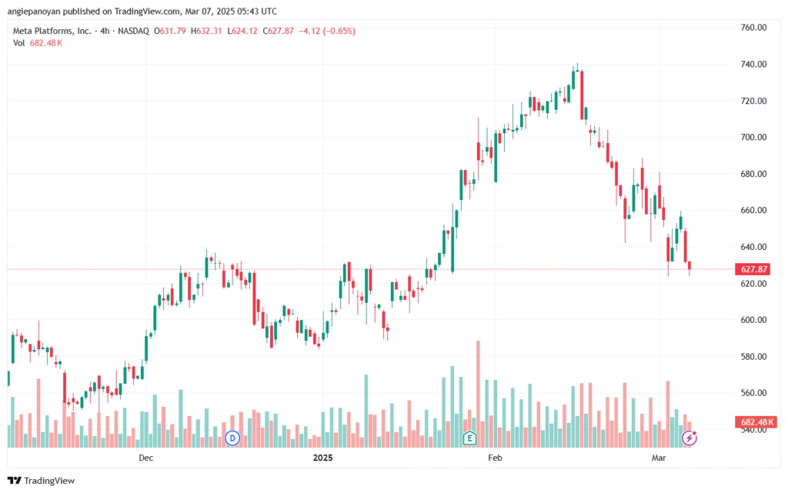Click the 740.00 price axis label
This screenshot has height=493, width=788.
click(753, 65)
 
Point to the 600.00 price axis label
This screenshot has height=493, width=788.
click(753, 320)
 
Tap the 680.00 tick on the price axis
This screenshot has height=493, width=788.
click(753, 174)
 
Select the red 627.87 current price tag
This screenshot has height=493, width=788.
click(753, 269)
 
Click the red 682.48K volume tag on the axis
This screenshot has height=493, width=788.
click(756, 421)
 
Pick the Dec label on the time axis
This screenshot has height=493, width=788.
click(145, 458)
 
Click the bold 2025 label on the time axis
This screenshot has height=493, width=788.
click(322, 458)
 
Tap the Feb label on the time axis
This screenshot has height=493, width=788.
click(495, 458)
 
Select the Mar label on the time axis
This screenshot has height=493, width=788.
click(659, 458)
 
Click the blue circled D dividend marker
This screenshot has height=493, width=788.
click(232, 438)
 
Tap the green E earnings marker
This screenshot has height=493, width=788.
click(469, 438)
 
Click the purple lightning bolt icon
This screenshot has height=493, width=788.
click(689, 438)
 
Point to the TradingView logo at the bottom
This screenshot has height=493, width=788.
click(42, 481)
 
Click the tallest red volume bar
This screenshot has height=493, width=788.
click(478, 394)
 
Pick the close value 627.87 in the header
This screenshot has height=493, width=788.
click(281, 31)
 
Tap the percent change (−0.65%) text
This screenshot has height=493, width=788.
click(339, 31)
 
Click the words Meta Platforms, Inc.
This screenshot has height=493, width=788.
click(52, 31)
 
